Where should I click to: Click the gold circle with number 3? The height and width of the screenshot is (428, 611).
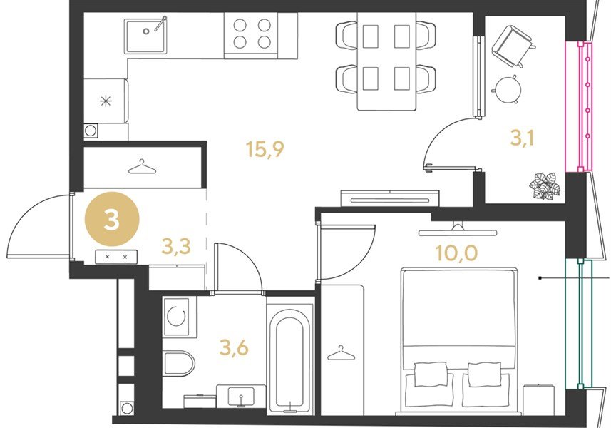(112, 219)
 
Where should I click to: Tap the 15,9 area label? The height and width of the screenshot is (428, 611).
(265, 149)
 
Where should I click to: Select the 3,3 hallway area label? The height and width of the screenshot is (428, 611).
(176, 246)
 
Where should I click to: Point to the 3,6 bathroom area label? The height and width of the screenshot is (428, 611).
(234, 347)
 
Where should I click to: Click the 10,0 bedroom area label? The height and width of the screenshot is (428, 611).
(456, 253)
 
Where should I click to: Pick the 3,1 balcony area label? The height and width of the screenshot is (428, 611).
(522, 138)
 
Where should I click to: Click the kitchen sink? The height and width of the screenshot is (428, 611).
(145, 36)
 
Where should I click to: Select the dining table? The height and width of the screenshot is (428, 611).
(386, 61)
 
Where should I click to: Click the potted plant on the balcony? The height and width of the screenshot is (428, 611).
(545, 186)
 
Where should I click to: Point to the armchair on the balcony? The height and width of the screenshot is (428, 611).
(513, 46)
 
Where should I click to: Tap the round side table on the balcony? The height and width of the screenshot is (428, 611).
(508, 89)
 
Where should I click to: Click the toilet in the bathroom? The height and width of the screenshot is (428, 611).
(178, 363)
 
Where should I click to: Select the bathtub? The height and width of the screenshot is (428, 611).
(290, 359)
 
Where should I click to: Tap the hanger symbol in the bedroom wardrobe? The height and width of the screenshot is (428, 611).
(341, 353)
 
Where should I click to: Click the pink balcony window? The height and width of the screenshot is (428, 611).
(579, 106)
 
